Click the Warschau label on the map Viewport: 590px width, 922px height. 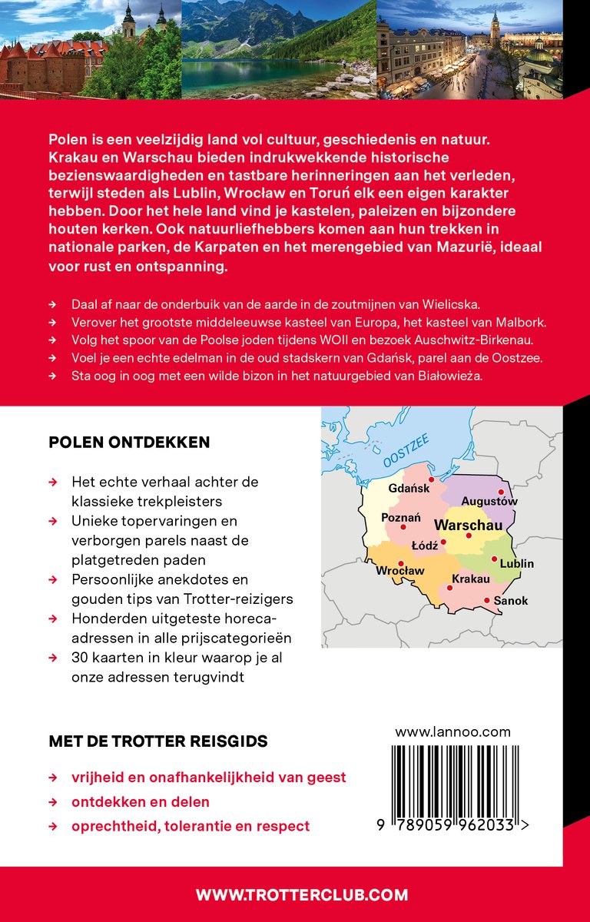(469, 526)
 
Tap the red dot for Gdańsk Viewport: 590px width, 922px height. (431, 479)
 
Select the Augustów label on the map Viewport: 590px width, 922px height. (489, 502)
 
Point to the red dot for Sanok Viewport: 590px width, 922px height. (487, 600)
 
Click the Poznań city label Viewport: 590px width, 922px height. (401, 517)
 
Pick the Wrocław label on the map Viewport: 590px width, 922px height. (399, 571)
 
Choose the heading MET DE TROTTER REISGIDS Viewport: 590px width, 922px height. (158, 741)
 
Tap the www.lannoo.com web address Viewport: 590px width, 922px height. (452, 732)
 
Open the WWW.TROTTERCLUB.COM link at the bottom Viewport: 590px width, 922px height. (302, 894)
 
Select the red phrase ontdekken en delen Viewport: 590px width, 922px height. (141, 802)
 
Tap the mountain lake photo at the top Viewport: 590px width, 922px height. (279, 49)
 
